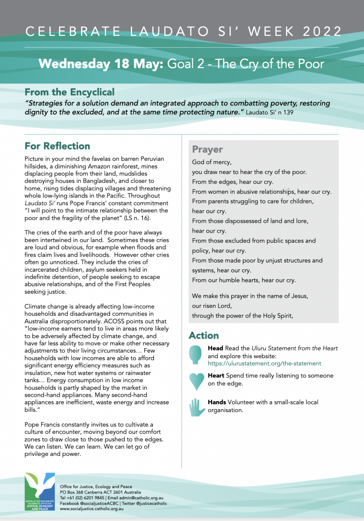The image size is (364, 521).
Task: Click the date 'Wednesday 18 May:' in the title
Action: pos(101,64)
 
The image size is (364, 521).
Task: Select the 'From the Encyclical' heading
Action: pos(70,92)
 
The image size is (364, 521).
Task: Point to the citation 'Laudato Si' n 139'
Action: pos(269,112)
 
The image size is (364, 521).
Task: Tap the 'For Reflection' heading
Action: pos(57,146)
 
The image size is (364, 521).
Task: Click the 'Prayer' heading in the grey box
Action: pos(207,149)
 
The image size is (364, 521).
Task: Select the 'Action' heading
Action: pos(204,335)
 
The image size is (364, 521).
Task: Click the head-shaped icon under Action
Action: pos(195,354)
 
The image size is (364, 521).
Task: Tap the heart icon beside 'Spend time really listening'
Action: pos(196,381)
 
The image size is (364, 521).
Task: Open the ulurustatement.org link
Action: pos(264,363)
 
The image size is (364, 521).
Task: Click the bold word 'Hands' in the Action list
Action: pos(217,402)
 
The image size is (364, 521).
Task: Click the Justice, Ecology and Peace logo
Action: pos(40,492)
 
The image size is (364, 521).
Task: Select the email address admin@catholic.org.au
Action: pos(141,498)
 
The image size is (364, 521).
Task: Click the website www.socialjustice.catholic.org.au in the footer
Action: pos(92,509)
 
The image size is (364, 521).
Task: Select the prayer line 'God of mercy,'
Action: pos(212,162)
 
